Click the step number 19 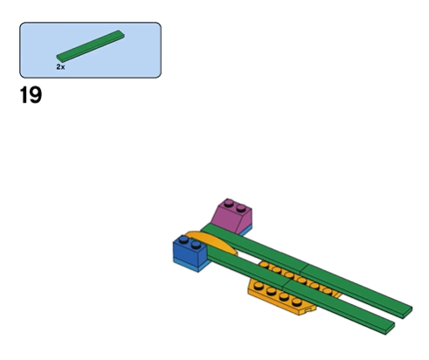pos(31,95)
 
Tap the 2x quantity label pos(60,67)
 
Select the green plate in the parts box pos(91,46)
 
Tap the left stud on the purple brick pos(229,203)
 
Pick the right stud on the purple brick pos(241,208)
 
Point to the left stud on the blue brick pos(183,239)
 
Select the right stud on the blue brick pos(196,245)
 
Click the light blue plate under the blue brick pos(192,265)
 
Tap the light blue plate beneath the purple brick pos(246,231)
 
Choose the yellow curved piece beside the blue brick pos(212,242)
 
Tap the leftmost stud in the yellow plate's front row pos(259,286)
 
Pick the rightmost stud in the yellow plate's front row pos(297,302)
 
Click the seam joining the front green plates pos(286,285)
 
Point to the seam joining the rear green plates pos(303,268)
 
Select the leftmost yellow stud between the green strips pos(264,265)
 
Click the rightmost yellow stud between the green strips pos(328,291)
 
